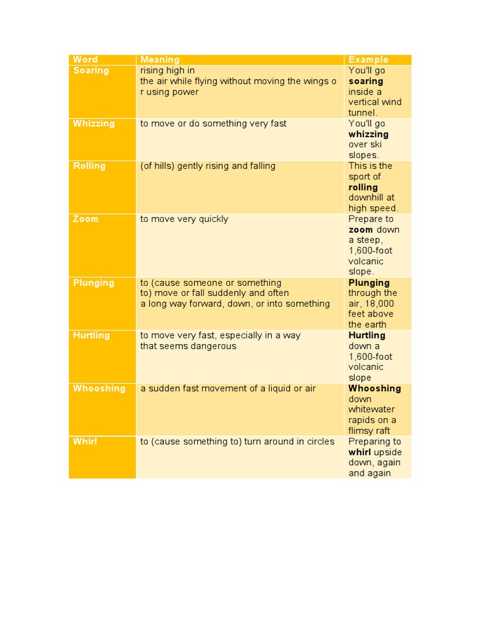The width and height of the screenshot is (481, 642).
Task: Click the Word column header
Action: [86, 60]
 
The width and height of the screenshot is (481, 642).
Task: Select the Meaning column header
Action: [160, 60]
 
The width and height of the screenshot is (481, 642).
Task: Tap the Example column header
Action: [368, 60]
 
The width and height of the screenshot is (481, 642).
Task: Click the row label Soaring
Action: [91, 70]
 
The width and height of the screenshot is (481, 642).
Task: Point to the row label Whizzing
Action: [94, 124]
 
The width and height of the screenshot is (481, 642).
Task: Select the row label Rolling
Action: [89, 166]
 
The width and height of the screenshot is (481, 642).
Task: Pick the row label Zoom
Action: [86, 219]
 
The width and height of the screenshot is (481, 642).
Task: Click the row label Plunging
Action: [93, 283]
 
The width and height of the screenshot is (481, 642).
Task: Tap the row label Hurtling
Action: [91, 335]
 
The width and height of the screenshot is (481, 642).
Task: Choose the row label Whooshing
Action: [99, 389]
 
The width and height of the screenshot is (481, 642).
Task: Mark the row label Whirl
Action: [85, 441]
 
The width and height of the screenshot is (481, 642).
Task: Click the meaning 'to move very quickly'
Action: [184, 219]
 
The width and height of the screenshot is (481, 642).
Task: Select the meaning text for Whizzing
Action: [213, 124]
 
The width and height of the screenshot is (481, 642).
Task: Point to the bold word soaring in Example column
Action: [366, 82]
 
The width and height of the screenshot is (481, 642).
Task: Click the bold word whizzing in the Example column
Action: [368, 134]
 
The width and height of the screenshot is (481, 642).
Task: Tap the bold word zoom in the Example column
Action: [361, 229]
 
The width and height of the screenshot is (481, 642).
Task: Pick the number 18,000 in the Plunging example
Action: [381, 304]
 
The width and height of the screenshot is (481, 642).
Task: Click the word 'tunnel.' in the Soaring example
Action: [363, 113]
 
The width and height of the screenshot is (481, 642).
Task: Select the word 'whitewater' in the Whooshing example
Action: [372, 409]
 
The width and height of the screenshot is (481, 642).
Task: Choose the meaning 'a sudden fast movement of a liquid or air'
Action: [228, 389]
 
